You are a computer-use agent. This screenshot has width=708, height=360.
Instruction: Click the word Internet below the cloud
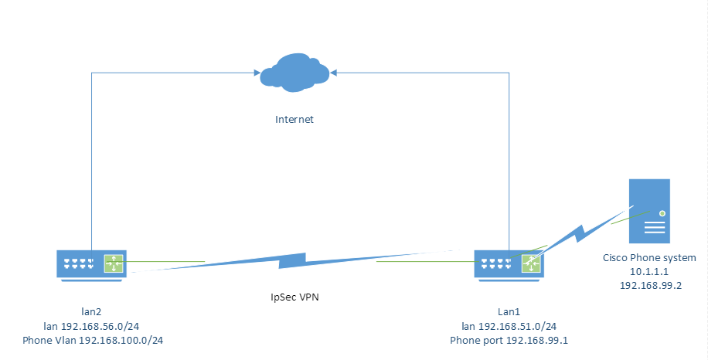coord(295,120)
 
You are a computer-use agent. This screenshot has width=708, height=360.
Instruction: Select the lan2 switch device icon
coord(91,263)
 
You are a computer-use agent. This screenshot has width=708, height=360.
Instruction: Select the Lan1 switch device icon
coord(509,263)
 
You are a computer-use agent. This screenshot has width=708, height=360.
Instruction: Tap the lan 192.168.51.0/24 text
coord(509,326)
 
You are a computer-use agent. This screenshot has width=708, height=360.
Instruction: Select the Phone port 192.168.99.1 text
coord(509,340)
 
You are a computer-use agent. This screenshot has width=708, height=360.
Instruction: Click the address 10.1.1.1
coord(648,271)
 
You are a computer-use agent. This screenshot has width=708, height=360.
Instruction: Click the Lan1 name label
coord(509,312)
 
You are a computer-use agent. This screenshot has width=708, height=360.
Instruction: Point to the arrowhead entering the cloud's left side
coord(256,73)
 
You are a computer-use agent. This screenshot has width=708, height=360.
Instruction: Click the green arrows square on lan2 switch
coord(114,263)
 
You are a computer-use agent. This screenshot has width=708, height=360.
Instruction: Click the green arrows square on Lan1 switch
coord(531,263)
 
